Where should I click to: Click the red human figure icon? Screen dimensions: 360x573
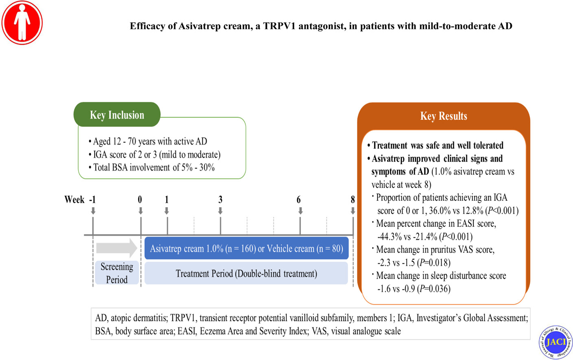coord(22,22)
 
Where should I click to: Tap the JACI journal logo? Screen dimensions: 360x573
coord(555,342)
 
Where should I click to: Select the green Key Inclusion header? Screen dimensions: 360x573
coord(117,115)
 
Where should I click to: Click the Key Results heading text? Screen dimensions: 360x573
coord(443,116)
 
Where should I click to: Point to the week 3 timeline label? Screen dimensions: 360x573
coord(220,200)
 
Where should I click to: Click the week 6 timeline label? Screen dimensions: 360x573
coord(298,200)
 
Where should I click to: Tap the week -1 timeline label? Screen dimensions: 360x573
coord(92,200)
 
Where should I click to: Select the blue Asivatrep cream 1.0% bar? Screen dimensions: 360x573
coord(246,248)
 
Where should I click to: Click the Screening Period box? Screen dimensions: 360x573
coord(117,273)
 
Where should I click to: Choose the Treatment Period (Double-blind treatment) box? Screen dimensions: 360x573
coord(246,273)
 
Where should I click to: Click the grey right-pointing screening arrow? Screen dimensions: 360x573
coord(117,248)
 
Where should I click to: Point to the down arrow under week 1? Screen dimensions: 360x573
coord(167,211)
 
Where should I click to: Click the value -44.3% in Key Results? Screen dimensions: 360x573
coord(389,236)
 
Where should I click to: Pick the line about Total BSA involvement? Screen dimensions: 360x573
coord(154,167)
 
